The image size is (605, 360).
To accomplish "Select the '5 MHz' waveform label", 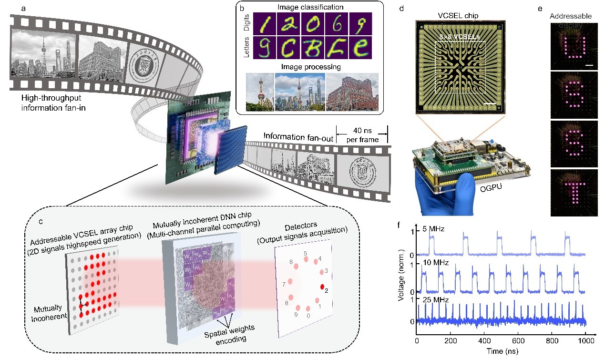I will pos(434,229).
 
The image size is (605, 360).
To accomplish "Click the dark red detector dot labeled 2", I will pos(322,287).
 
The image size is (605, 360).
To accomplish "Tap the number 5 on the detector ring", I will pos(306,253).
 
